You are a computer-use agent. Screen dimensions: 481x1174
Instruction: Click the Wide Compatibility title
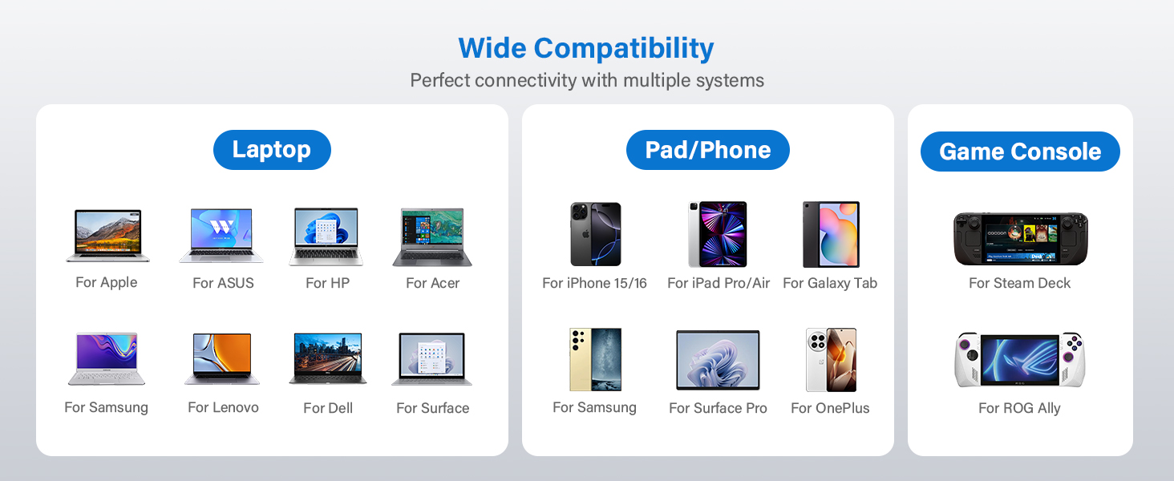coord(586,48)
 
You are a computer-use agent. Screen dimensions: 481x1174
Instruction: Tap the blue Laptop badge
coord(272,149)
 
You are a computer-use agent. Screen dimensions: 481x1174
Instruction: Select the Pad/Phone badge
coord(707,150)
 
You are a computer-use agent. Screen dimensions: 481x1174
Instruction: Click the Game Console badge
coord(1020,152)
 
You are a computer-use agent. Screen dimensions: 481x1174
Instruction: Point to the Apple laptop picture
coord(107,236)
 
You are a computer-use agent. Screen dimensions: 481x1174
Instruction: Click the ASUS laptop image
coord(221,236)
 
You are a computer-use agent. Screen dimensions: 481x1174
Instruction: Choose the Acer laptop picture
coord(432,236)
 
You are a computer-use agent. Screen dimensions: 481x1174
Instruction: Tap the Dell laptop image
coord(328,358)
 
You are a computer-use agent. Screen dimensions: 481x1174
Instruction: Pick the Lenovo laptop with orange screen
coord(222,358)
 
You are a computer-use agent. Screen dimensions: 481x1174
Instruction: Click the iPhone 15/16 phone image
coord(595,234)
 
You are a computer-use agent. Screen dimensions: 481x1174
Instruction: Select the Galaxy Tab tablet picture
coord(831,234)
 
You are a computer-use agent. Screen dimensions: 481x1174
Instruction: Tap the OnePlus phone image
coord(831,360)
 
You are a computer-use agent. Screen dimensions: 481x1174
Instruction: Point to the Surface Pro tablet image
coord(718,360)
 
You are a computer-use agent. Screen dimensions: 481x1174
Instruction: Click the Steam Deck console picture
coord(1020,239)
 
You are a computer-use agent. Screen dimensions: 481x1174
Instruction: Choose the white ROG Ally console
coord(1019,359)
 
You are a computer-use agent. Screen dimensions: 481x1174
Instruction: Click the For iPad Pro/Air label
coord(719,283)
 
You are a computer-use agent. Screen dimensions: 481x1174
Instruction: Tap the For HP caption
coord(327,283)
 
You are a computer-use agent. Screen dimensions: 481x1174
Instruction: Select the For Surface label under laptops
coord(432,408)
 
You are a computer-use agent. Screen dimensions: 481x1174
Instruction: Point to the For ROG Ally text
coord(1019,408)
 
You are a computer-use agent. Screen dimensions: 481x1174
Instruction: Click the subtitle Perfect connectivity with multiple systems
coord(586,80)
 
